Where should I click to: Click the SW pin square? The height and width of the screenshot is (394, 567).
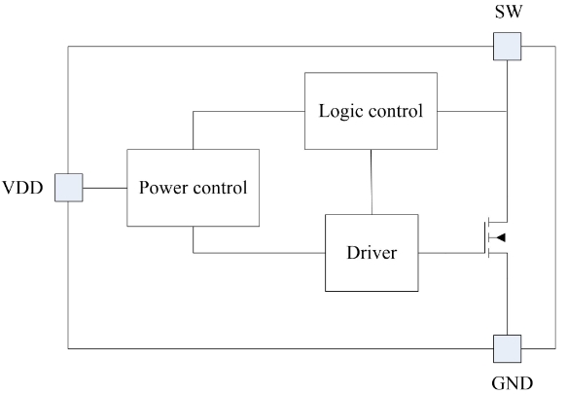[508, 47]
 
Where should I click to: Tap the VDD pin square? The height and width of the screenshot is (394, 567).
[69, 188]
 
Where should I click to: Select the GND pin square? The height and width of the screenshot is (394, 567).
[508, 349]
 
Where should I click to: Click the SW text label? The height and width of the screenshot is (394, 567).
[509, 12]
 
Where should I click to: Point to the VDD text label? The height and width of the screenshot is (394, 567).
[22, 188]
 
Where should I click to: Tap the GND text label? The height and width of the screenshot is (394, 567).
[512, 383]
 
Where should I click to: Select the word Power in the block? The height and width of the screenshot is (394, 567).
[162, 188]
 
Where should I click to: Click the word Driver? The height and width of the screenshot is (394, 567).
[372, 253]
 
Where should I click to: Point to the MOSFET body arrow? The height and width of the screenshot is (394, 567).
[501, 237]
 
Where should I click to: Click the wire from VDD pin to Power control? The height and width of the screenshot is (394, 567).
[105, 188]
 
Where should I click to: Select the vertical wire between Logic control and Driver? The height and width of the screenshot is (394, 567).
[372, 182]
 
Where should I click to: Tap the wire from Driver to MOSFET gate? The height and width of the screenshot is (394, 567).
[451, 253]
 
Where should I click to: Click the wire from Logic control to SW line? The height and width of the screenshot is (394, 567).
[473, 112]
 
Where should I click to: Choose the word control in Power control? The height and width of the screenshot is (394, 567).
[220, 188]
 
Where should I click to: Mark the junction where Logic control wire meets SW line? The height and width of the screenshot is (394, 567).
[508, 112]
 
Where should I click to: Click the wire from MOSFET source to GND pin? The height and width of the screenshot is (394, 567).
[508, 294]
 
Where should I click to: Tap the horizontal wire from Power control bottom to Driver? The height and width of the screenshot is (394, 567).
[259, 253]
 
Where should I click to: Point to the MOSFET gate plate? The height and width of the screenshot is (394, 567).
[485, 237]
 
